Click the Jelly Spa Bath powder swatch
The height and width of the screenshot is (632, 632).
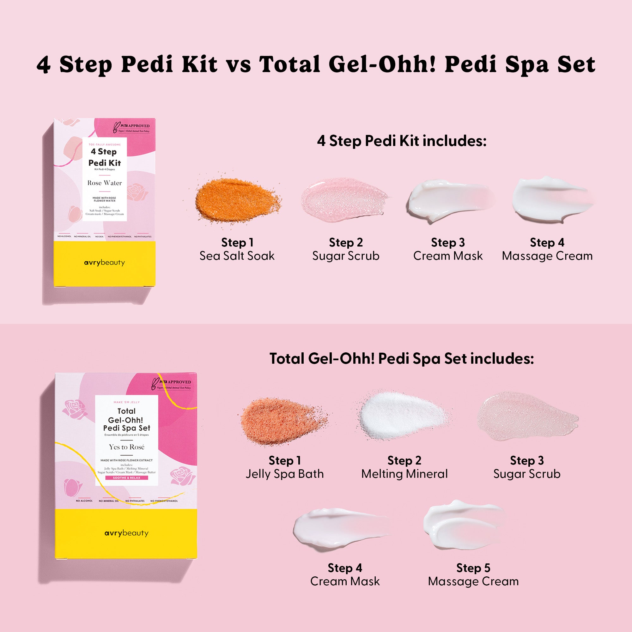(281, 420)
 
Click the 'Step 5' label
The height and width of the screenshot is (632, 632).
(473, 568)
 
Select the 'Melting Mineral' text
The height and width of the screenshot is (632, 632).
(404, 474)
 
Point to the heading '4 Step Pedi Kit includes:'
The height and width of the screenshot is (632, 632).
(402, 141)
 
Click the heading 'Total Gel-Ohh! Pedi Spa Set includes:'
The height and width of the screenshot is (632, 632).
(401, 359)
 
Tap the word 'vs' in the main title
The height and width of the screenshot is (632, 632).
(239, 64)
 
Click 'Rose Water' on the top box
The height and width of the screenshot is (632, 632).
(105, 183)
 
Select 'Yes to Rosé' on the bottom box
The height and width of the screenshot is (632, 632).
(127, 447)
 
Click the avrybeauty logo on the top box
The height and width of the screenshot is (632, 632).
(104, 263)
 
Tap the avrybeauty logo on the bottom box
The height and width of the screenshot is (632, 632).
(126, 533)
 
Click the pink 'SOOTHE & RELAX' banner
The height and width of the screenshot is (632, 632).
(127, 478)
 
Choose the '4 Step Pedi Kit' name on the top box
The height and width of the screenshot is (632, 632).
(105, 157)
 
